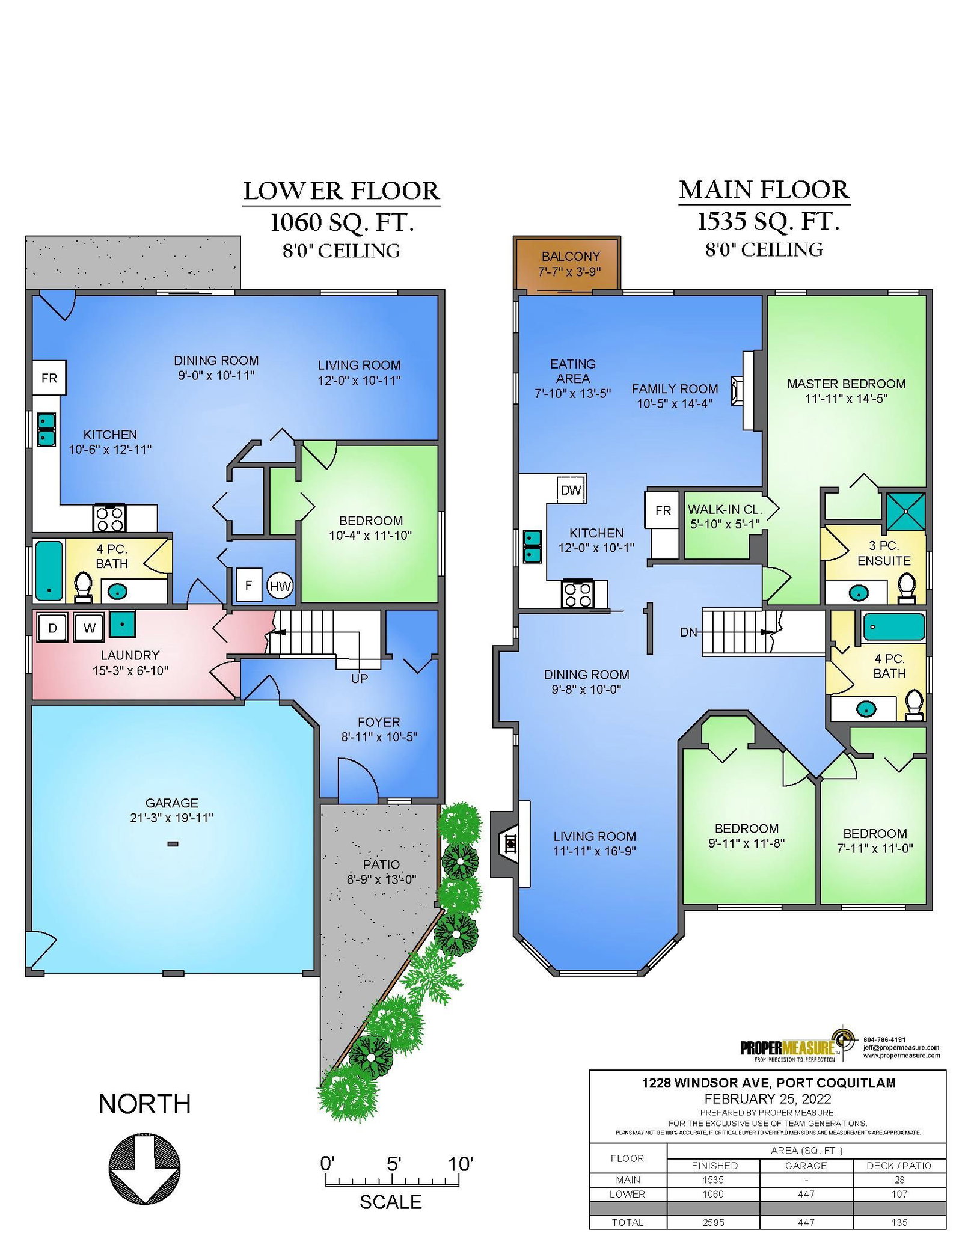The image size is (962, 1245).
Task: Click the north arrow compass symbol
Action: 144,1169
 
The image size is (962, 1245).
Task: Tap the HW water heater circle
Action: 280,586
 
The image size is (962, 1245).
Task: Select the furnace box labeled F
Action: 248,585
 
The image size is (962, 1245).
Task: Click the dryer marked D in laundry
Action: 53,628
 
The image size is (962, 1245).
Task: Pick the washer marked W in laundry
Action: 89,628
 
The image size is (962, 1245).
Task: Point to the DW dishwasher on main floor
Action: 571,489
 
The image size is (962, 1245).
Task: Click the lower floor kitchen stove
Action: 109,518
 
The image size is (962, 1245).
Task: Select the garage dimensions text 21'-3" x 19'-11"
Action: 171,818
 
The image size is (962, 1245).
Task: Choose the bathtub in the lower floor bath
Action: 49,570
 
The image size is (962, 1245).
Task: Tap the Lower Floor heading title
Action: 342,191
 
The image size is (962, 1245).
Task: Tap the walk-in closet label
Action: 725,516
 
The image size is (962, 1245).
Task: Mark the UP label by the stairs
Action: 360,678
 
